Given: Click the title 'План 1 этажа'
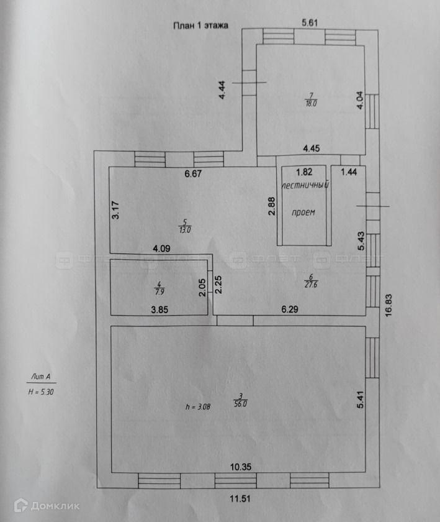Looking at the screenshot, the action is (x=200, y=26).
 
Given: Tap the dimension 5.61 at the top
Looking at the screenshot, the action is (x=310, y=23).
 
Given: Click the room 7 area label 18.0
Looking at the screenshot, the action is (x=310, y=104).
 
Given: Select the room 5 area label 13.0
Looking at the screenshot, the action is (x=184, y=229).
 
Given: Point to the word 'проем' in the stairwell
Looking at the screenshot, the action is (x=303, y=213).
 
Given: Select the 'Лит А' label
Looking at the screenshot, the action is (x=42, y=377).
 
